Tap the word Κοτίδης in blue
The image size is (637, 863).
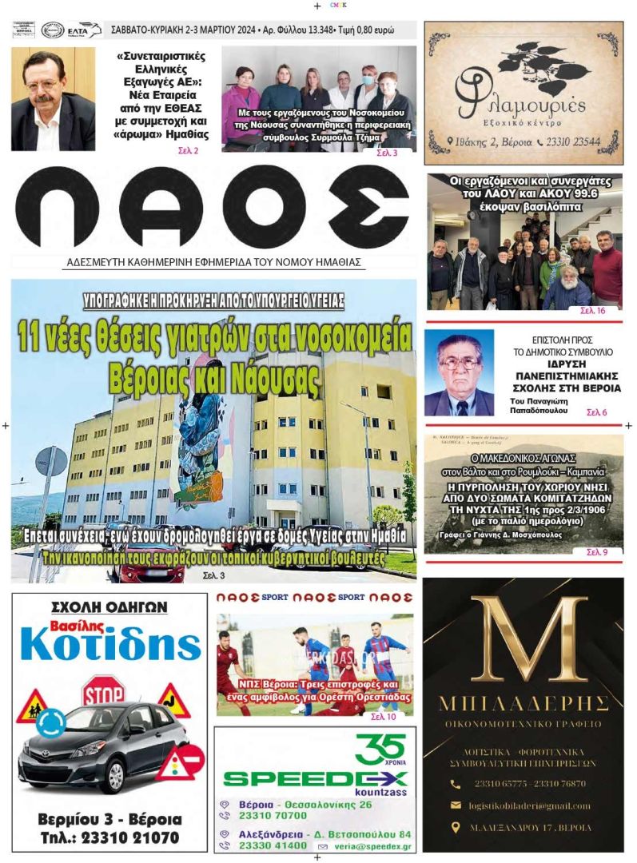click(110, 645)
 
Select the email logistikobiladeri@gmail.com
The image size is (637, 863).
click(532, 805)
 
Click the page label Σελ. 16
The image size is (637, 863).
click(593, 310)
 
